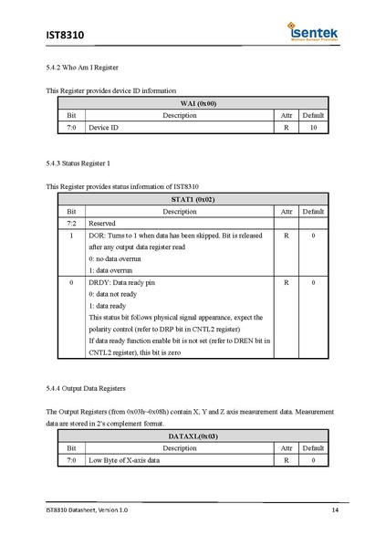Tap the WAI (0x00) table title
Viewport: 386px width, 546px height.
click(193, 104)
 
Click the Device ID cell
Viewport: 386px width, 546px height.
click(103, 128)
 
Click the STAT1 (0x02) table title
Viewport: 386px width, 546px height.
click(193, 198)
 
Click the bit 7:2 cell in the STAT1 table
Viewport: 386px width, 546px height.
click(71, 223)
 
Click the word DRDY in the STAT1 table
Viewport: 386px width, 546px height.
click(99, 283)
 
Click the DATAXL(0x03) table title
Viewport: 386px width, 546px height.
click(193, 436)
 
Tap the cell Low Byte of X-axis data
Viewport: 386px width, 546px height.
click(123, 460)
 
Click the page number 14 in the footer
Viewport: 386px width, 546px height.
click(335, 509)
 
